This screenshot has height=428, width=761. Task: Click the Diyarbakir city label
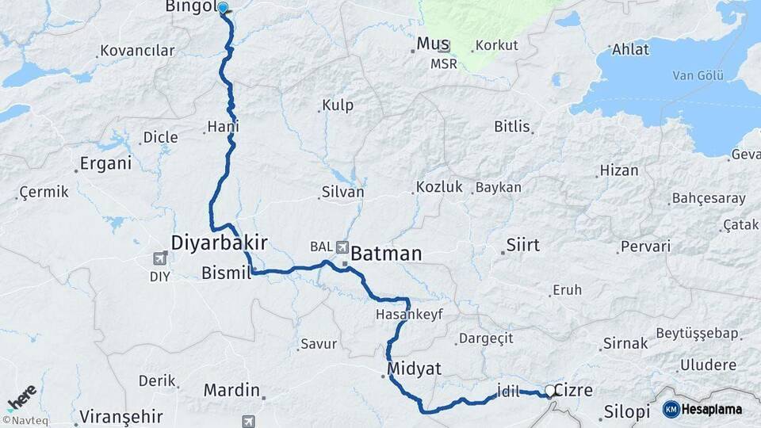tap(220, 242)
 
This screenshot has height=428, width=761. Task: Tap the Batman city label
tap(386, 254)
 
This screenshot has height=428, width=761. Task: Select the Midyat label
tap(415, 369)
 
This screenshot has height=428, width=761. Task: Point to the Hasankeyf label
tap(409, 315)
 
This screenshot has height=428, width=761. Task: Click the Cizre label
tap(573, 390)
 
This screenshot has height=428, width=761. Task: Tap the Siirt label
tap(523, 244)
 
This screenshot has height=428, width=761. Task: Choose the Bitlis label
tap(511, 126)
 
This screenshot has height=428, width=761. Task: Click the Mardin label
tap(231, 390)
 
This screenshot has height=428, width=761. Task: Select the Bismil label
tap(226, 273)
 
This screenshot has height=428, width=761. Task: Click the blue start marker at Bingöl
tap(223, 8)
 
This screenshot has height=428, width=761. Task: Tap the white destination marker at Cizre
tap(549, 390)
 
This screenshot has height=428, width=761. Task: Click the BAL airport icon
tap(343, 247)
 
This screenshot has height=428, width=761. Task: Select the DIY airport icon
tap(159, 258)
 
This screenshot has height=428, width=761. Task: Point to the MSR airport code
tap(444, 64)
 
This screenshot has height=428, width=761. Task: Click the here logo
tap(21, 396)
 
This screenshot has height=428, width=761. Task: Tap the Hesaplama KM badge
tap(702, 409)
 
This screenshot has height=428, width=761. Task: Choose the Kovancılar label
tap(137, 51)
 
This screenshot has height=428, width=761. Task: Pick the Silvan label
tap(342, 192)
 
